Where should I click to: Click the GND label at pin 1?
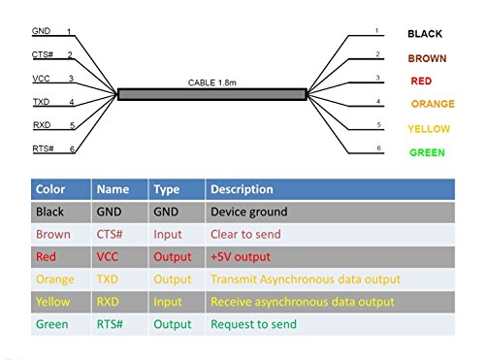[41, 31]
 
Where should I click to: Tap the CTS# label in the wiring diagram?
[43, 54]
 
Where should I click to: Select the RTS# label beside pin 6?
[43, 148]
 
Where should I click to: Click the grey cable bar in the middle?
[212, 94]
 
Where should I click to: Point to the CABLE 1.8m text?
[212, 82]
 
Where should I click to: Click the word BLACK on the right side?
[425, 34]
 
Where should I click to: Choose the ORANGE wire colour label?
[433, 104]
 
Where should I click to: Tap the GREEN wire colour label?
[427, 152]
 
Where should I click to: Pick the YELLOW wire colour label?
[429, 129]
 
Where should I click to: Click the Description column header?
[242, 189]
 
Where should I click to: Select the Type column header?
[167, 189]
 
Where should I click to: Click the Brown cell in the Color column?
[53, 234]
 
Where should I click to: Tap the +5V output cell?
[241, 257]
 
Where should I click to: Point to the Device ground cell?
[249, 212]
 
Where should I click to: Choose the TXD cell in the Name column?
[108, 279]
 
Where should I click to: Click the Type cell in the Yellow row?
[168, 302]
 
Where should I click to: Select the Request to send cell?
[253, 324]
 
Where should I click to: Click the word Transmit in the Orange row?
[234, 279]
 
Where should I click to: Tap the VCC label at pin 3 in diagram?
[41, 79]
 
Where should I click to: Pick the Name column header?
[113, 189]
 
